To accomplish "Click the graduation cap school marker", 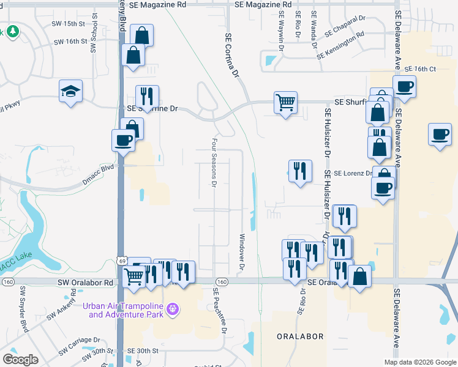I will (71, 92).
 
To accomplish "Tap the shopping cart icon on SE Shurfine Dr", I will (285, 103).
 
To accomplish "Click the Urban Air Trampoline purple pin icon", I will (173, 310).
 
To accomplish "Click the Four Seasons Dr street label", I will (214, 162).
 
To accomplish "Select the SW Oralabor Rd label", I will (86, 283).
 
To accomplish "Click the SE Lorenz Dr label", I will (354, 174).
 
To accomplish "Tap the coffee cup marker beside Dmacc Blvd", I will (123, 140).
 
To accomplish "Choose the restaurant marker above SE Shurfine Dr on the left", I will (147, 96).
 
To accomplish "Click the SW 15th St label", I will (69, 23).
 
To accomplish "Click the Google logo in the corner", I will (21, 360).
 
